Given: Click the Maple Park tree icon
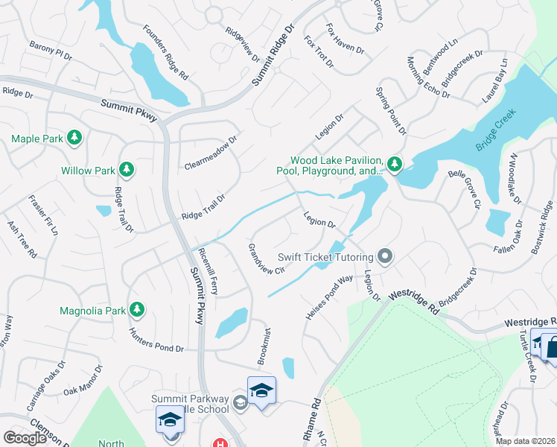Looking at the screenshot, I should click(74, 138).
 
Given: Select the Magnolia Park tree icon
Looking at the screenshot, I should click(136, 308).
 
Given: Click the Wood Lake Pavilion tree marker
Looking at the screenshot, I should click(395, 162).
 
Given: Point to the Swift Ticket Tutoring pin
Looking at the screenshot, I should click(384, 257).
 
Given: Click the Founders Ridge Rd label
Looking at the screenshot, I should click(165, 54).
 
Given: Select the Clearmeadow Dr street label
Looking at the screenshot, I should click(210, 152).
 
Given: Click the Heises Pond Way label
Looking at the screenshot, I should click(328, 299).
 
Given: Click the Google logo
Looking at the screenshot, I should click(25, 438).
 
